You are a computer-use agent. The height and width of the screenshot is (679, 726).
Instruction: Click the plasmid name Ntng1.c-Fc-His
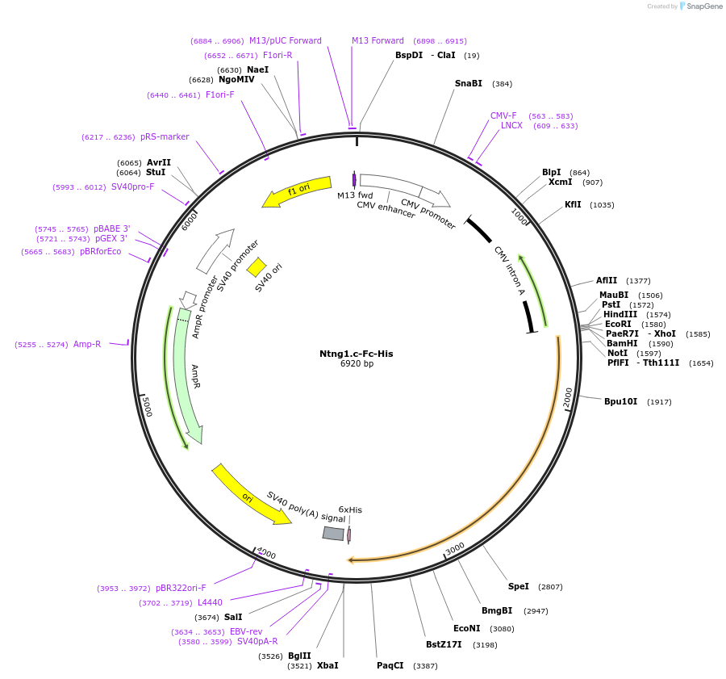(x=356, y=354)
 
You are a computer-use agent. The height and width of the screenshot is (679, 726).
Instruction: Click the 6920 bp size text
(x=357, y=364)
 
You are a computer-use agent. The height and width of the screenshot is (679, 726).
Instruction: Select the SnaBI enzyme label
(x=468, y=83)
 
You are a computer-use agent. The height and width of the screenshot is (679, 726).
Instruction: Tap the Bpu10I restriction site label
(x=620, y=401)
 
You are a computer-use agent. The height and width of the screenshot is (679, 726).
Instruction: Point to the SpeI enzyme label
(x=518, y=586)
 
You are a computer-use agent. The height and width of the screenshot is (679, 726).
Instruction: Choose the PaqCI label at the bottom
(x=390, y=665)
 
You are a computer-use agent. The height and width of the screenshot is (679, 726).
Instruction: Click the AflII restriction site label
(x=607, y=280)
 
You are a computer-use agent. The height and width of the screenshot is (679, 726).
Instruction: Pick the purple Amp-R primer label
(x=87, y=344)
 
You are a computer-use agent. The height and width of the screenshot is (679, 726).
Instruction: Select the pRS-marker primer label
(x=165, y=136)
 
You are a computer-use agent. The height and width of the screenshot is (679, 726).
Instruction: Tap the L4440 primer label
(x=210, y=602)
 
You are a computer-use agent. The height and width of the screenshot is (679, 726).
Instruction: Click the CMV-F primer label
(x=503, y=115)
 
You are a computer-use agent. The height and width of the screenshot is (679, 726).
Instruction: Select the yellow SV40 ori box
(x=257, y=266)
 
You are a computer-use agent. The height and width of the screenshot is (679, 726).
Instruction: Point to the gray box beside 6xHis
(x=333, y=533)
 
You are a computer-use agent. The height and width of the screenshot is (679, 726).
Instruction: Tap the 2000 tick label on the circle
(x=567, y=397)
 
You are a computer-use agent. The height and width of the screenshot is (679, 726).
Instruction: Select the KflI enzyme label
(x=572, y=204)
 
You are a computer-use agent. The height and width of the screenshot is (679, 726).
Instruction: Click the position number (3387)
(x=425, y=665)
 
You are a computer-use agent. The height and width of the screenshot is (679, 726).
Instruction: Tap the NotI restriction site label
(x=617, y=353)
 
